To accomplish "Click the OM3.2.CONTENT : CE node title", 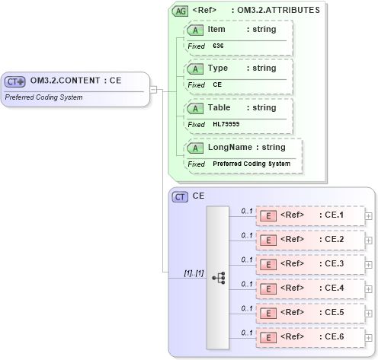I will coord(76,80).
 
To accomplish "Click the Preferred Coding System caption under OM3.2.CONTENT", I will coord(43,97).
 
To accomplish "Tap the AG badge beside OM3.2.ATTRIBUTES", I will coord(181,11).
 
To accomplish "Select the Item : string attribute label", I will coord(232,29).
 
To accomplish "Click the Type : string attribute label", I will coord(232,68).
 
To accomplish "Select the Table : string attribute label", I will coord(232,107).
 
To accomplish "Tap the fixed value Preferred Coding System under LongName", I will coord(251,164).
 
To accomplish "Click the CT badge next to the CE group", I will coord(181,196).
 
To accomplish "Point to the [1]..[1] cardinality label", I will coord(193,272).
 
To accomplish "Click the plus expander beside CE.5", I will coord(370,313).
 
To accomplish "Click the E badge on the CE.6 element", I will coord(268,337).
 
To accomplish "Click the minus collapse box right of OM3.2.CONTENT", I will coord(153,89).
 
